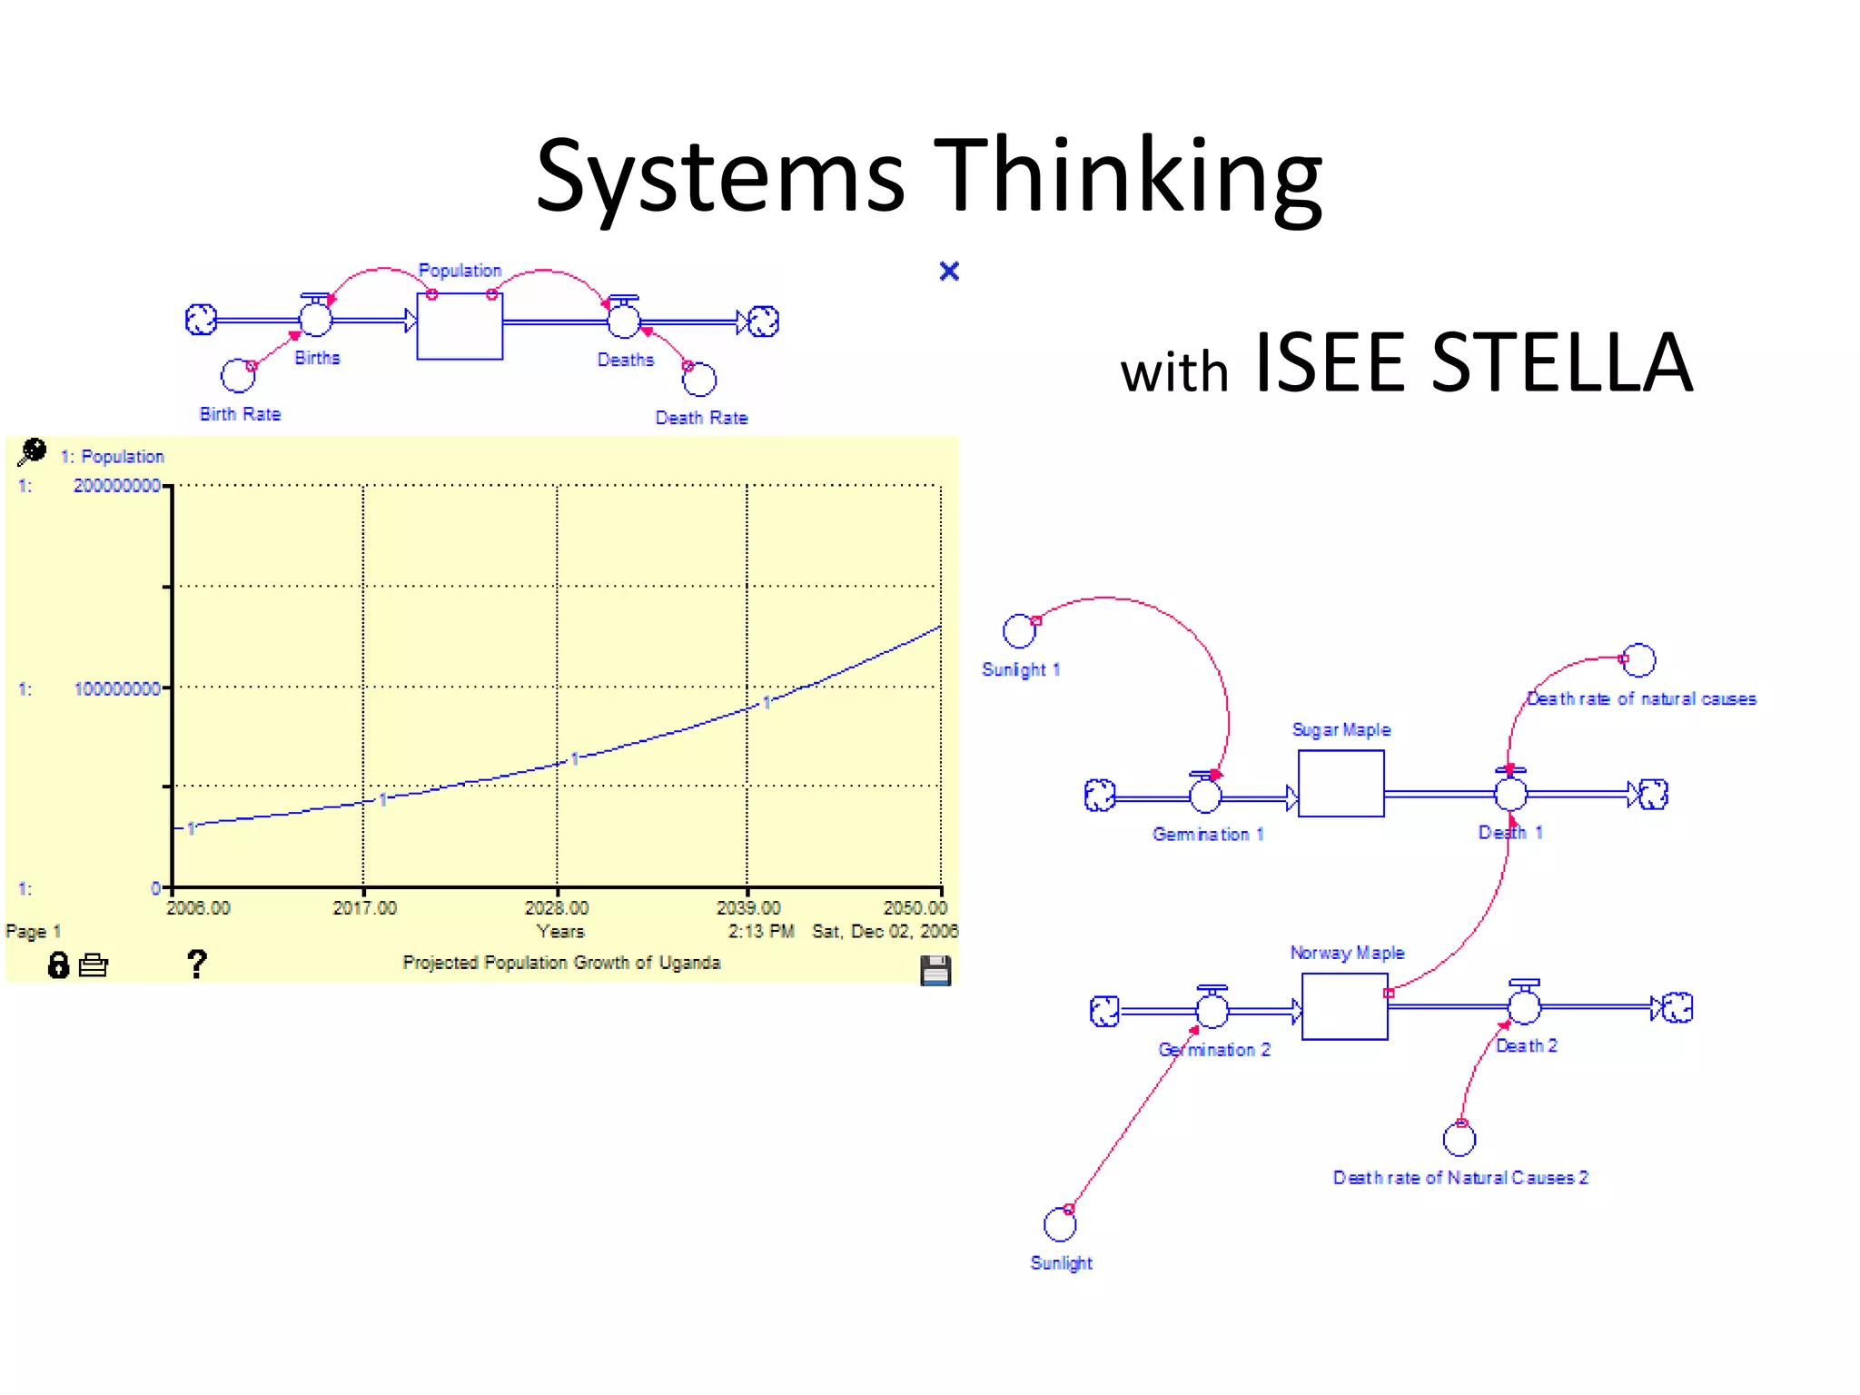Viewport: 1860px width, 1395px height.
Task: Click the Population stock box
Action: [460, 325]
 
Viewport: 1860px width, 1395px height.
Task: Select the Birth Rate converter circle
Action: [238, 375]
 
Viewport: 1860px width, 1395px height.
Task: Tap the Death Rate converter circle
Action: [699, 379]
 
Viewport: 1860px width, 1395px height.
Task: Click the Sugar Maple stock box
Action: [1341, 783]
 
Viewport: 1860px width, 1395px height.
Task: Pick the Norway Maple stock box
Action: [1344, 1006]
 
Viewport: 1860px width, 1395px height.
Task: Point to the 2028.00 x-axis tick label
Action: [557, 907]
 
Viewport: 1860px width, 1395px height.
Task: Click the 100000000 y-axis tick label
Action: [116, 688]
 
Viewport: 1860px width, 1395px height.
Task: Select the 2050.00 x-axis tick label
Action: [915, 907]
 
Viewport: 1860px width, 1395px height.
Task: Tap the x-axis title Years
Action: [560, 931]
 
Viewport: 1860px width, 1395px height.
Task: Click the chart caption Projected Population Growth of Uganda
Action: [561, 963]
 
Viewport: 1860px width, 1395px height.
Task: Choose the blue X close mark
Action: [949, 271]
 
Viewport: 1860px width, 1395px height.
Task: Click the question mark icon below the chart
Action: [196, 963]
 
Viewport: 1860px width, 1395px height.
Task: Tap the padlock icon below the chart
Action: [58, 965]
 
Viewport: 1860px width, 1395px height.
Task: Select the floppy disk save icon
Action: [935, 970]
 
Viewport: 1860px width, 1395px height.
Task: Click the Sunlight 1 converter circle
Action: [1019, 630]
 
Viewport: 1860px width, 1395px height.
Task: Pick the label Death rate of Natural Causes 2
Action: [1460, 1178]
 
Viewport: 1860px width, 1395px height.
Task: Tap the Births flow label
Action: [317, 358]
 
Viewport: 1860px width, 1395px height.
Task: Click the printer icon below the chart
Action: [94, 965]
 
